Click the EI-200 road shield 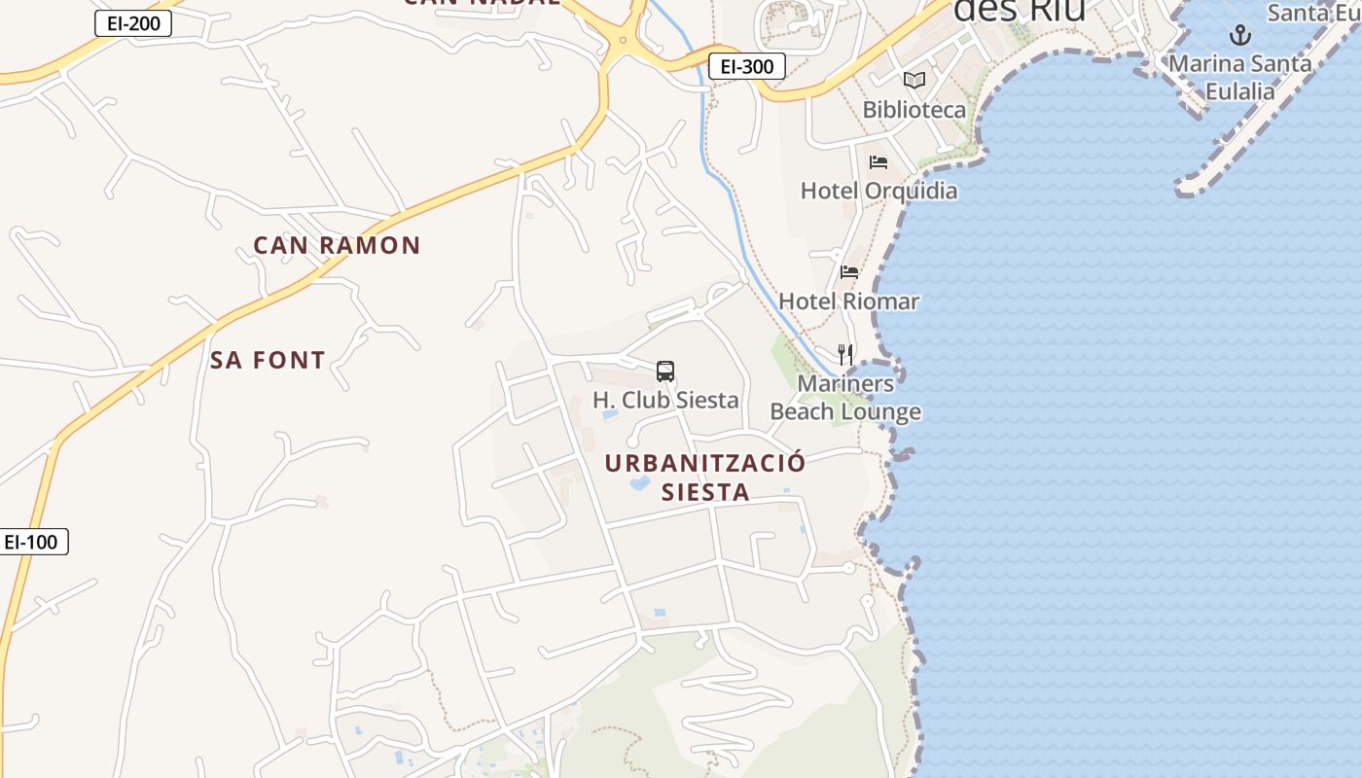(x=132, y=24)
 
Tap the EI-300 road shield (x=746, y=66)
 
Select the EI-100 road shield (x=32, y=542)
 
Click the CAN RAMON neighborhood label (x=337, y=245)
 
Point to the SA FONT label (x=268, y=360)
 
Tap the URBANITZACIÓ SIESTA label (x=705, y=477)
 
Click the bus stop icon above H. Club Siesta (x=665, y=371)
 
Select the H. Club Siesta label (x=665, y=400)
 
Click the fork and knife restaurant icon (x=845, y=354)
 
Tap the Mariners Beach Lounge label (x=845, y=398)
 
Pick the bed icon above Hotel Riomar (x=849, y=272)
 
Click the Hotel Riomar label (x=848, y=301)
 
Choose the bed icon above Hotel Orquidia (x=878, y=161)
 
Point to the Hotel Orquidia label (x=878, y=191)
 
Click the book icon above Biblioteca (x=914, y=80)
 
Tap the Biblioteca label (x=914, y=109)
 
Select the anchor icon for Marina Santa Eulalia (x=1239, y=36)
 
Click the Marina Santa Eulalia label (x=1239, y=77)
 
